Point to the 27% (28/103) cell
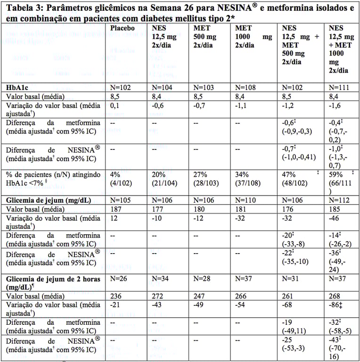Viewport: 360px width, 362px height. tap(207, 179)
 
